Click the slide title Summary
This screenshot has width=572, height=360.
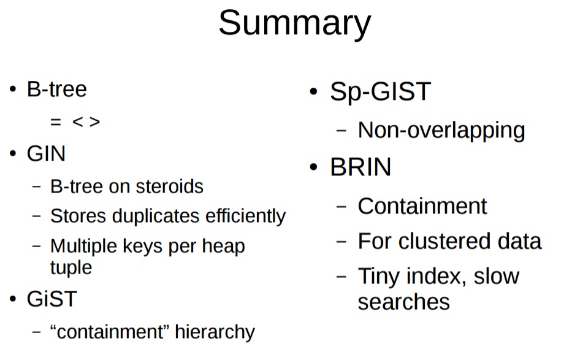(294, 23)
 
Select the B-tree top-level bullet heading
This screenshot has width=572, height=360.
(56, 90)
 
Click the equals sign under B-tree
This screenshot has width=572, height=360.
(56, 122)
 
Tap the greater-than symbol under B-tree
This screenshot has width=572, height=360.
(94, 122)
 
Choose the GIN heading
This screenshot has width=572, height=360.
(46, 153)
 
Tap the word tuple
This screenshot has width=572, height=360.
(71, 267)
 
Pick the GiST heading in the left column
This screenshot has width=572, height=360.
(51, 299)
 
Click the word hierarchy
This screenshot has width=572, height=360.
(215, 332)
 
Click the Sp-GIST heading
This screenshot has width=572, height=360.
(380, 92)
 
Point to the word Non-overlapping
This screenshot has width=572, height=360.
(441, 130)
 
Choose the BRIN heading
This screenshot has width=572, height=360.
(360, 167)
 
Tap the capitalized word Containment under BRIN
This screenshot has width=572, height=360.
(422, 206)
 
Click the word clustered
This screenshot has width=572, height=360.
(449, 241)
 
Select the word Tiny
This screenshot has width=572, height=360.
(378, 276)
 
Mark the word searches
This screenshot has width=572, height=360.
(403, 302)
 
